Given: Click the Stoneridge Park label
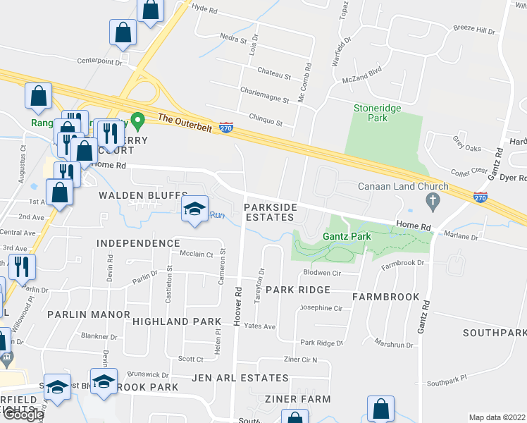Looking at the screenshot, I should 370,113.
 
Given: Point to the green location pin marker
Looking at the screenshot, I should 139,123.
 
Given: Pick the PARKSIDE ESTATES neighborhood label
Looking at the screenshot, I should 271,212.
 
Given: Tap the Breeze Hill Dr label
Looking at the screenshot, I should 475,30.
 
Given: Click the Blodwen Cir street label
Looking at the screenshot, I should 322,273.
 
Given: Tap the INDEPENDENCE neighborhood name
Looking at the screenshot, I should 138,243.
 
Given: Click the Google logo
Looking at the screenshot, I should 23,415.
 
